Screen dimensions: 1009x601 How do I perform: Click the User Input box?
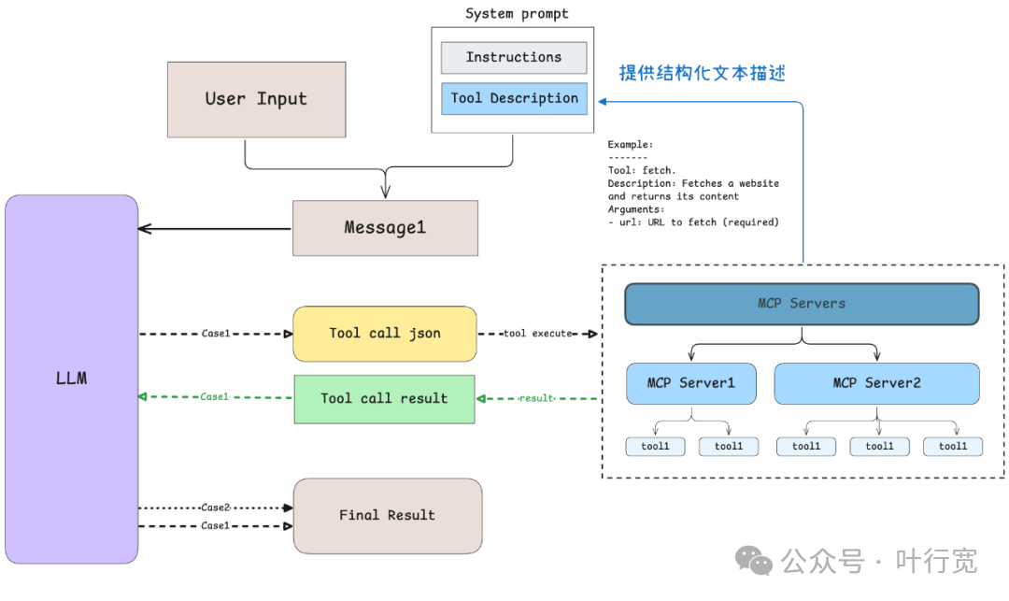[x=256, y=99]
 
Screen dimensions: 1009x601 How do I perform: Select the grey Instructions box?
[x=514, y=57]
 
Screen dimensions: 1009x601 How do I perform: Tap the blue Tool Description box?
[x=514, y=98]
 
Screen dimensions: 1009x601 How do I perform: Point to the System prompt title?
[x=517, y=13]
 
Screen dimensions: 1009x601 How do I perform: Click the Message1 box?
[x=385, y=228]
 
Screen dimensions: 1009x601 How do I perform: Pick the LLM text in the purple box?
[x=71, y=378]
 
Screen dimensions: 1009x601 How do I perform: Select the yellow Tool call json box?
[x=385, y=334]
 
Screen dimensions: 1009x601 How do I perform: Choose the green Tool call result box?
[x=384, y=399]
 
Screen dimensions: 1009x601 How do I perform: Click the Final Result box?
[x=388, y=515]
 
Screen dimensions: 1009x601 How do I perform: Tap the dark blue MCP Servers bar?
[x=802, y=304]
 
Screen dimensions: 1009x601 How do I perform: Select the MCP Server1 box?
[x=691, y=383]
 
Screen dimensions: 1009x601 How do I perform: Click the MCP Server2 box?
[x=876, y=383]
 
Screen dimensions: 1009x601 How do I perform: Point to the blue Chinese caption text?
[x=702, y=73]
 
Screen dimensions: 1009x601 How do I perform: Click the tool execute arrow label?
[x=537, y=334]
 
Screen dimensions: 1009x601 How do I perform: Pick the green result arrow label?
[x=536, y=398]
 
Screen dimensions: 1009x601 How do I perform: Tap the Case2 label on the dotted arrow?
[x=215, y=508]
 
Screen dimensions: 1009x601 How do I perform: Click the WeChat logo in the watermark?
[x=754, y=561]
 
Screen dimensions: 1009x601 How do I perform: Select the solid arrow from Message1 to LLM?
[x=215, y=228]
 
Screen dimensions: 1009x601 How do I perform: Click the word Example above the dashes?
[x=630, y=145]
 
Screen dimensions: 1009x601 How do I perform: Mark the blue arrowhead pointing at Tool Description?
[x=603, y=102]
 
